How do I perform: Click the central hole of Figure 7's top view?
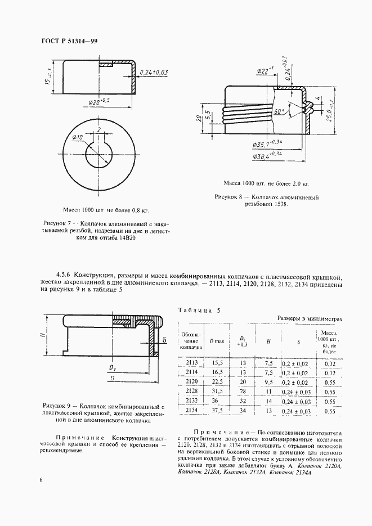[98, 154]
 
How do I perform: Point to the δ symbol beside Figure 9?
[164, 340]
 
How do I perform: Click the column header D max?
[216, 341]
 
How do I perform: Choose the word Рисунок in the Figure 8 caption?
[228, 197]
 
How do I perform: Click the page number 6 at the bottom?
[41, 479]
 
